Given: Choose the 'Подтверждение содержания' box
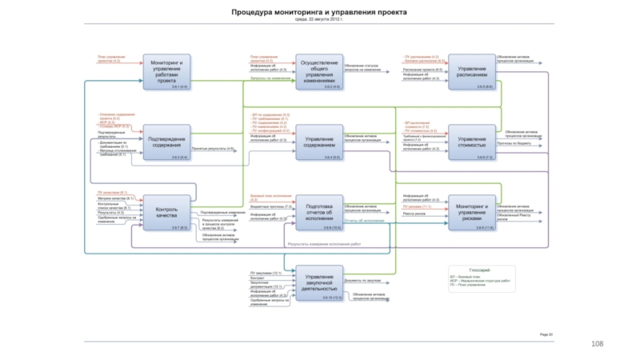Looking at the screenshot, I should point(167,142).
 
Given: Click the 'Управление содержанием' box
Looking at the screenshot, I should point(319,142).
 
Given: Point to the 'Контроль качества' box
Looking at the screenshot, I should point(167,212).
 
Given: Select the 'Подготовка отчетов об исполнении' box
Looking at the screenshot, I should point(319,212).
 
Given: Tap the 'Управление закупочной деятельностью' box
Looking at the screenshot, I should point(319,283).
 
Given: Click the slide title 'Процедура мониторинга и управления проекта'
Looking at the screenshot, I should point(319,13).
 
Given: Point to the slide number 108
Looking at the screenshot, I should point(597,343).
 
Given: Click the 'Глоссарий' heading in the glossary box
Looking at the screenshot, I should point(480,271).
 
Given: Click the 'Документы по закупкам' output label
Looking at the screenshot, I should point(362,282).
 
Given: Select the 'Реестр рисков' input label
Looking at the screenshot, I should point(414,214).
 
